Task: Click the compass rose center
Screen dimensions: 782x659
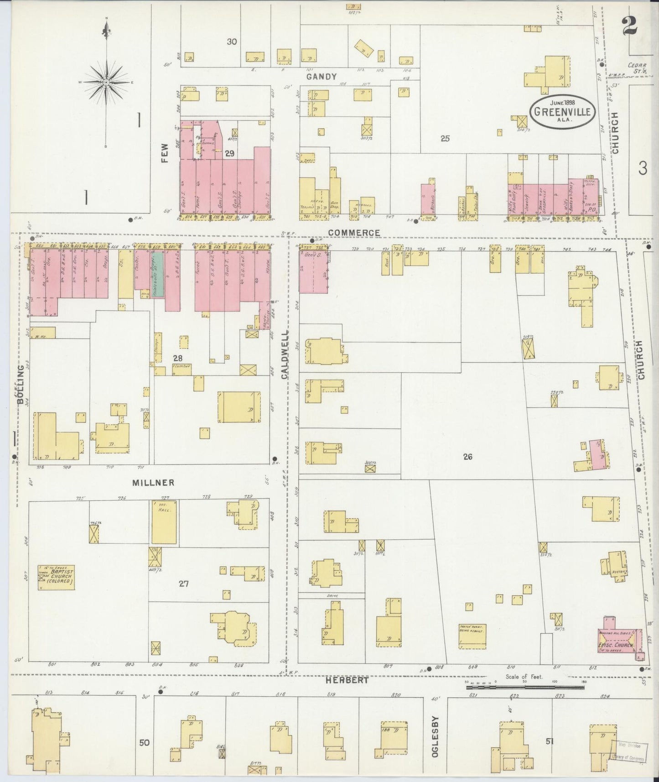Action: pos(106,82)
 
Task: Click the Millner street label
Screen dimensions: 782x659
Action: pos(147,482)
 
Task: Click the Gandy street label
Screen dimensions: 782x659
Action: pos(321,77)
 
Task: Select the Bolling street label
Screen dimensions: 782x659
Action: pos(20,384)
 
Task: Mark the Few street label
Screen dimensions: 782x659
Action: pos(165,151)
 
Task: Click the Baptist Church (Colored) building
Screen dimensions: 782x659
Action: pos(56,577)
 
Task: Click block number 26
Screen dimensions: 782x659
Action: pos(467,456)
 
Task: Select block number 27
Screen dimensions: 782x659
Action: pos(183,583)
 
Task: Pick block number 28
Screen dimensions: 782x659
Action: pos(177,359)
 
